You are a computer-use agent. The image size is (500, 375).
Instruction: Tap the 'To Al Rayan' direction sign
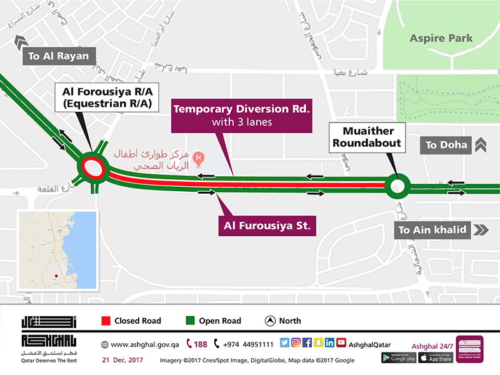click(x=59, y=56)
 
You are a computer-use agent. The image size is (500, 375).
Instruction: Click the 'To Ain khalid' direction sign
click(x=433, y=230)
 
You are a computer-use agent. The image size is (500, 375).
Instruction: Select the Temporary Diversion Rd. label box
click(x=241, y=116)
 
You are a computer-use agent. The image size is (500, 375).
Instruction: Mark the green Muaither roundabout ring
click(x=396, y=185)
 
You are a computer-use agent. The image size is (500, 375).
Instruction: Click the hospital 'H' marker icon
click(x=199, y=158)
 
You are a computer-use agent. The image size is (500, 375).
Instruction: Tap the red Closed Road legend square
click(x=106, y=321)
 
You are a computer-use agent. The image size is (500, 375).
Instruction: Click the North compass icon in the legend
click(x=270, y=321)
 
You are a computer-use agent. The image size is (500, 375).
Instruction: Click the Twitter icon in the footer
click(x=284, y=342)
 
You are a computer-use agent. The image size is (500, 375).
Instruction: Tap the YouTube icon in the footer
click(x=341, y=342)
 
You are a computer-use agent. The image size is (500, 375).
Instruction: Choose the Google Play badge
click(x=398, y=357)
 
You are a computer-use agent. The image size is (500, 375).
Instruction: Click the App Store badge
click(x=436, y=357)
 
